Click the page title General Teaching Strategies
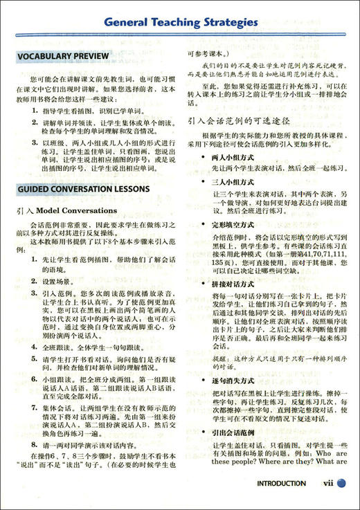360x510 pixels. (x=182, y=22)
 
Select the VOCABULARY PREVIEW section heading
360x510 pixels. (x=63, y=55)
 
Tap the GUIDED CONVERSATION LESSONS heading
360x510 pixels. (x=83, y=188)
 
